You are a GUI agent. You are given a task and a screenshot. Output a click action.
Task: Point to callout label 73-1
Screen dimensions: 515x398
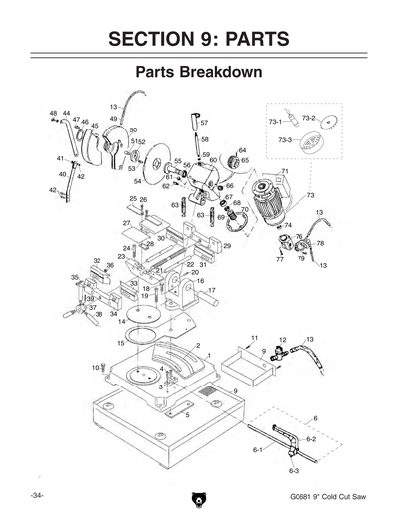[x=275, y=121]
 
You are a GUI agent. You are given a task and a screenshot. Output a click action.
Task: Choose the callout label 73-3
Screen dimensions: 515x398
[x=285, y=140]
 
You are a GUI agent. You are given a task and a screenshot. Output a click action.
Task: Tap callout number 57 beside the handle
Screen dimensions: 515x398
[x=204, y=123]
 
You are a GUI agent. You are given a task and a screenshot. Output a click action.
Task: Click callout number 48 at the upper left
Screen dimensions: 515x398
[x=53, y=115]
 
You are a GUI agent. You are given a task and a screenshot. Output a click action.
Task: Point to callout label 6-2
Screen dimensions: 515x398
[x=311, y=438]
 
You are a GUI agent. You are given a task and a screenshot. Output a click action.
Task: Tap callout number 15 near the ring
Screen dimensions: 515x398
[x=120, y=343]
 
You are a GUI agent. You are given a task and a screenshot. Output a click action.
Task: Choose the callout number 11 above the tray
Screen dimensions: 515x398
[x=254, y=339]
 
